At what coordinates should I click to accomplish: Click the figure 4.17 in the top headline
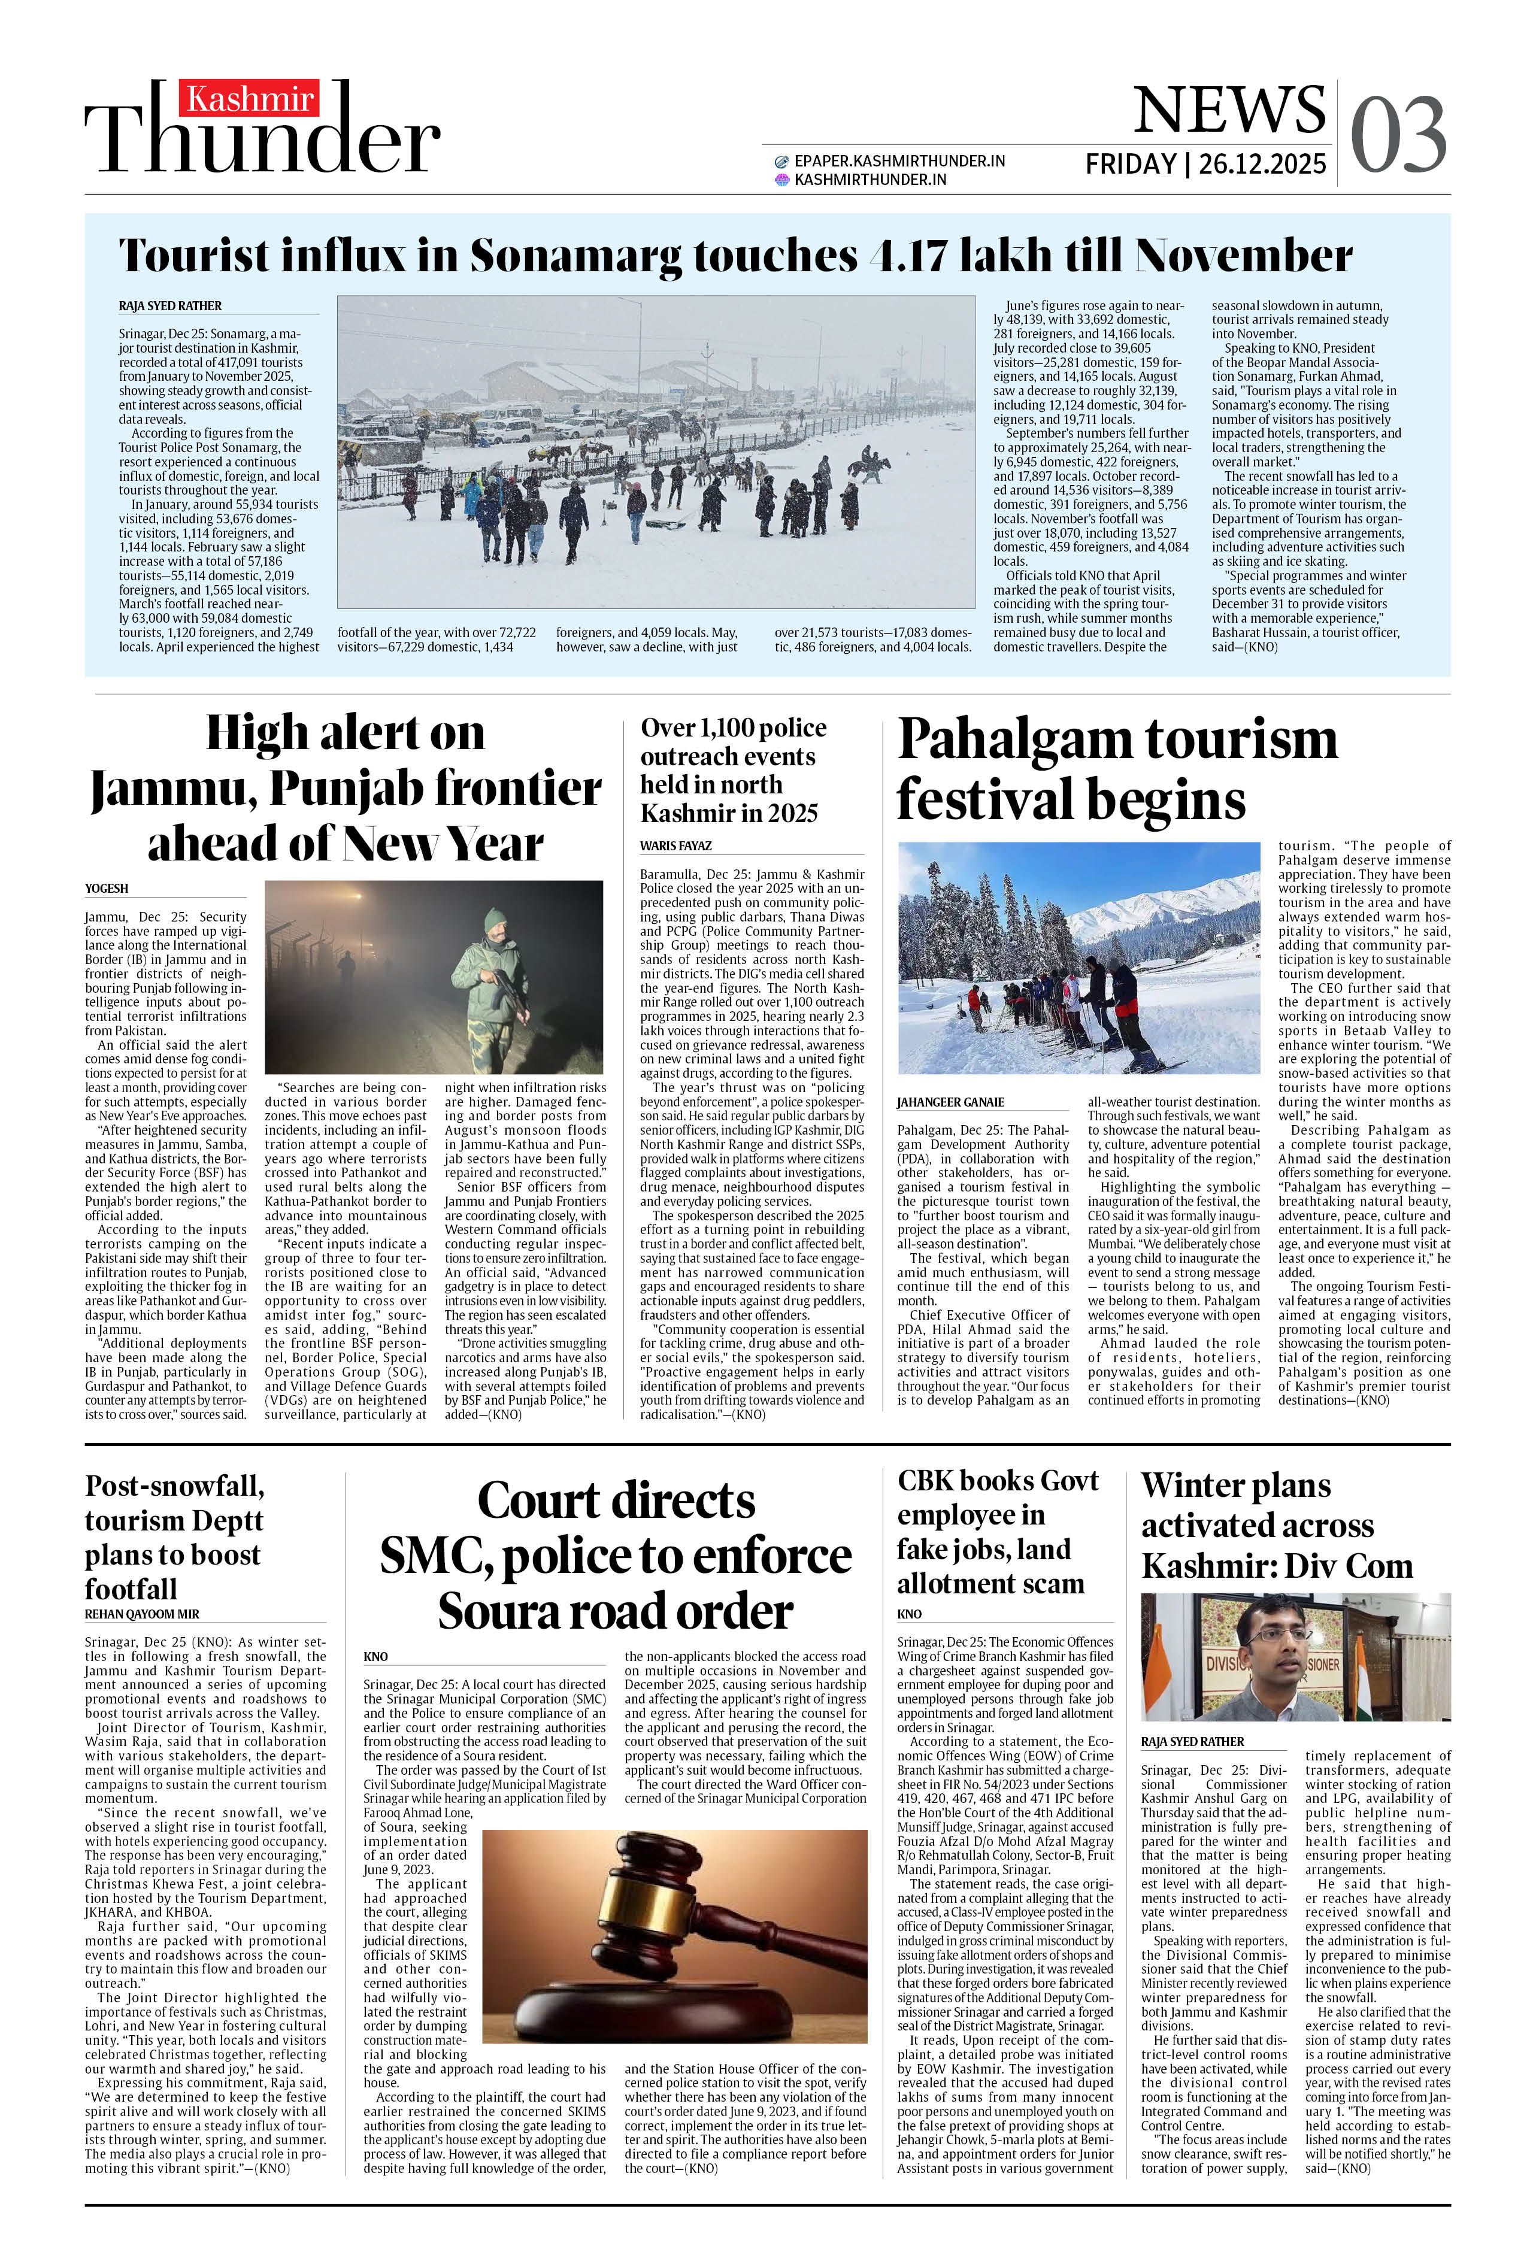[x=910, y=256]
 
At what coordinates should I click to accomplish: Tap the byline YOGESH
[x=107, y=889]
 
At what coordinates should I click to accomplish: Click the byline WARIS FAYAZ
[x=675, y=846]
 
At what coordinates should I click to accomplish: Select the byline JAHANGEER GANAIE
[x=950, y=1102]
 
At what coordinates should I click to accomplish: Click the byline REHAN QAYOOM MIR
[x=141, y=1614]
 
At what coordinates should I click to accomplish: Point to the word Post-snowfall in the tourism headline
[x=174, y=1486]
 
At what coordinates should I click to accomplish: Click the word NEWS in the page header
[x=1229, y=110]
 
